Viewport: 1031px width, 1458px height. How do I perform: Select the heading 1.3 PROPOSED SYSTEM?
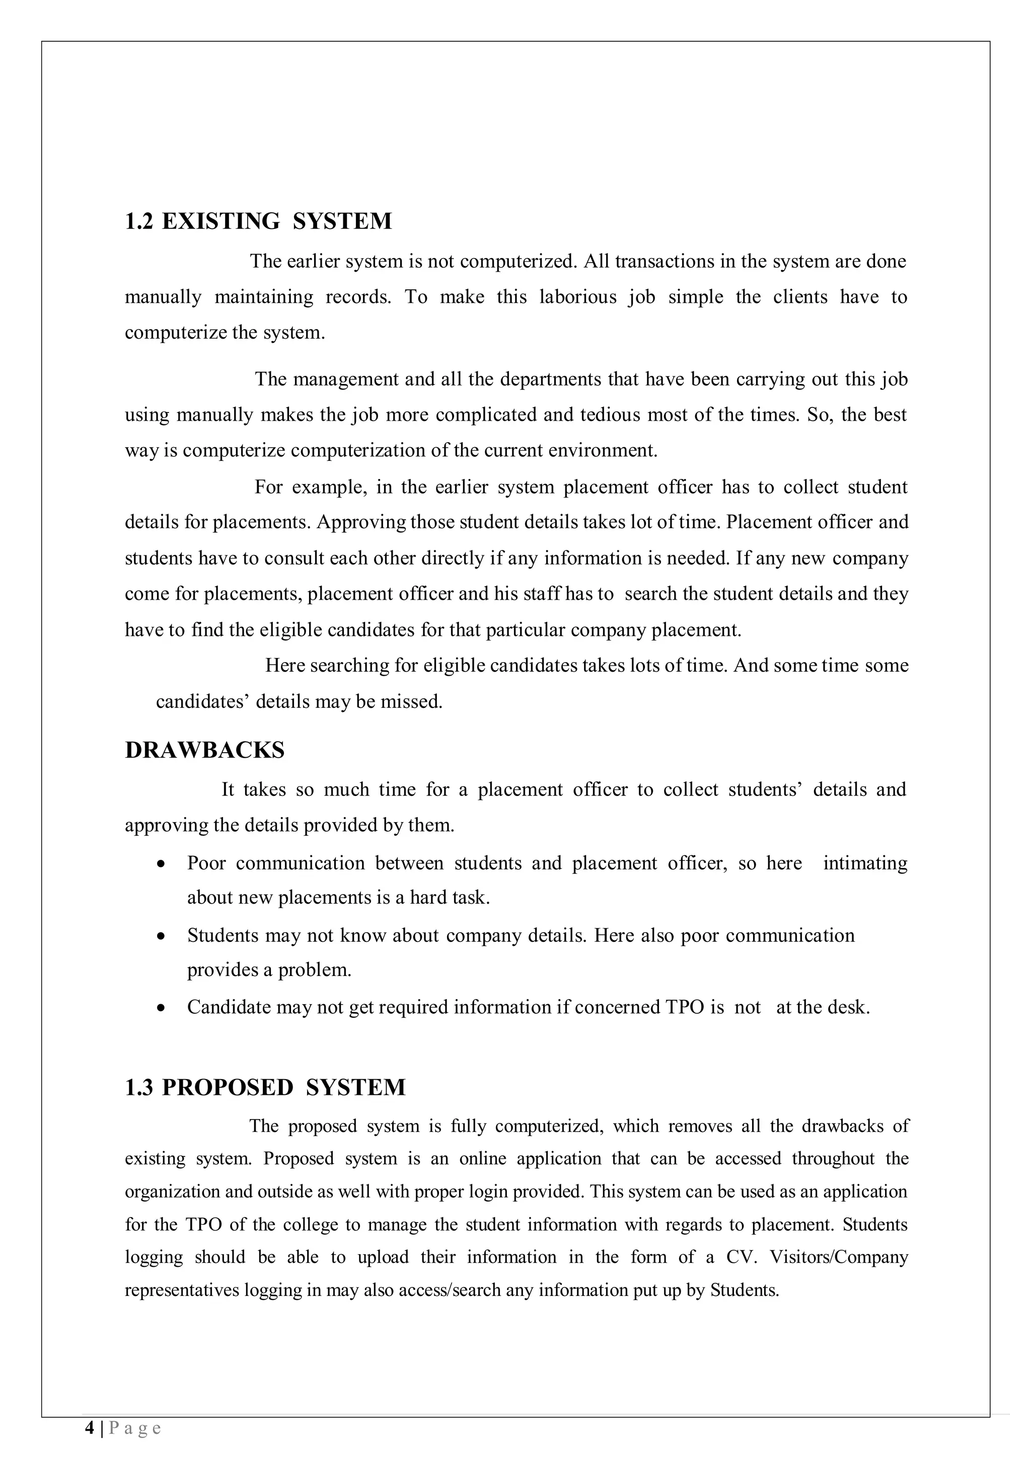(265, 1087)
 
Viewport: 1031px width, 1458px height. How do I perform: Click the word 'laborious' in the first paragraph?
(577, 297)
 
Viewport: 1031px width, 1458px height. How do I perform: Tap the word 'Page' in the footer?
(135, 1429)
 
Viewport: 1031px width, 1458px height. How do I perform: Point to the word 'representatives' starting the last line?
(182, 1290)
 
